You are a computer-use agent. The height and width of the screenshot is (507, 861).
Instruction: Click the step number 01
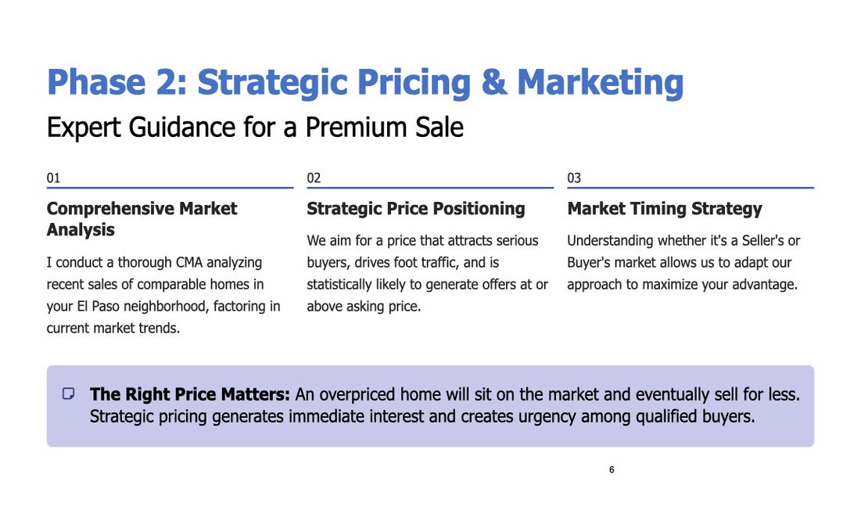point(53,178)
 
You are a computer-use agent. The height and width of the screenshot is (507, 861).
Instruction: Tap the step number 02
point(314,178)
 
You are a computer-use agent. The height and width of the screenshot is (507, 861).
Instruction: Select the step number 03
point(574,178)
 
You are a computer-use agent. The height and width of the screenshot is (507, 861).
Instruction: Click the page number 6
point(612,469)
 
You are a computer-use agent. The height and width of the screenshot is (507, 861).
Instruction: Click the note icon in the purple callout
point(69,394)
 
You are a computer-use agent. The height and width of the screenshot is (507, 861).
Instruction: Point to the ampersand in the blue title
point(494,82)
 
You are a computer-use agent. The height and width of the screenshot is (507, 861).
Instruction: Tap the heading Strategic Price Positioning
point(416,209)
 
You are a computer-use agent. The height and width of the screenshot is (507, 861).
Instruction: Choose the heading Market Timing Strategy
point(665,209)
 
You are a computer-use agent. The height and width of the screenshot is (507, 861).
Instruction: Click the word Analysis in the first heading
point(81,229)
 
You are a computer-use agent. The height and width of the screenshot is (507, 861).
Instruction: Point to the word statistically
point(339,285)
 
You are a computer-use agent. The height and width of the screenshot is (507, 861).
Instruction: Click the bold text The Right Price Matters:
point(189,394)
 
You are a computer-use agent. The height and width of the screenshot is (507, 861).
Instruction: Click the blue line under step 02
point(430,188)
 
